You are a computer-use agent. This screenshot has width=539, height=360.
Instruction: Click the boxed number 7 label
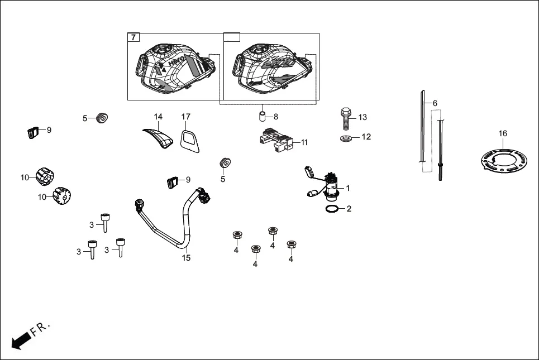(133, 38)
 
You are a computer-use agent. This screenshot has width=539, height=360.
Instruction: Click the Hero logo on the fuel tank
(177, 63)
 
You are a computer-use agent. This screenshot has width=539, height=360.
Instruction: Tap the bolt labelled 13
(345, 118)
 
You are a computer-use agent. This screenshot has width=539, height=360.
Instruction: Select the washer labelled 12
(346, 137)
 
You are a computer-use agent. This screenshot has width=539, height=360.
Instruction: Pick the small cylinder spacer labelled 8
(261, 117)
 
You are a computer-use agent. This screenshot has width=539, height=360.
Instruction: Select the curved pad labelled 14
(159, 137)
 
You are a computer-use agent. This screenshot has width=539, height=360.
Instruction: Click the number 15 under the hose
(187, 258)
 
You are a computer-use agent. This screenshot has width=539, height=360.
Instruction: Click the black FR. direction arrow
(21, 340)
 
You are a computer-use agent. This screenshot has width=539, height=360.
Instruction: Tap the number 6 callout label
(435, 103)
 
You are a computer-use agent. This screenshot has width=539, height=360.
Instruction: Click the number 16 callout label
(503, 133)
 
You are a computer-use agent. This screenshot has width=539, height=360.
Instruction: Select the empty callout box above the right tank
(232, 38)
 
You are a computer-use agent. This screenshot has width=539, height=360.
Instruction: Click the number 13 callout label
(362, 117)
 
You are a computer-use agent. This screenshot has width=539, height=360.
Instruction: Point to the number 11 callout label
(304, 142)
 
